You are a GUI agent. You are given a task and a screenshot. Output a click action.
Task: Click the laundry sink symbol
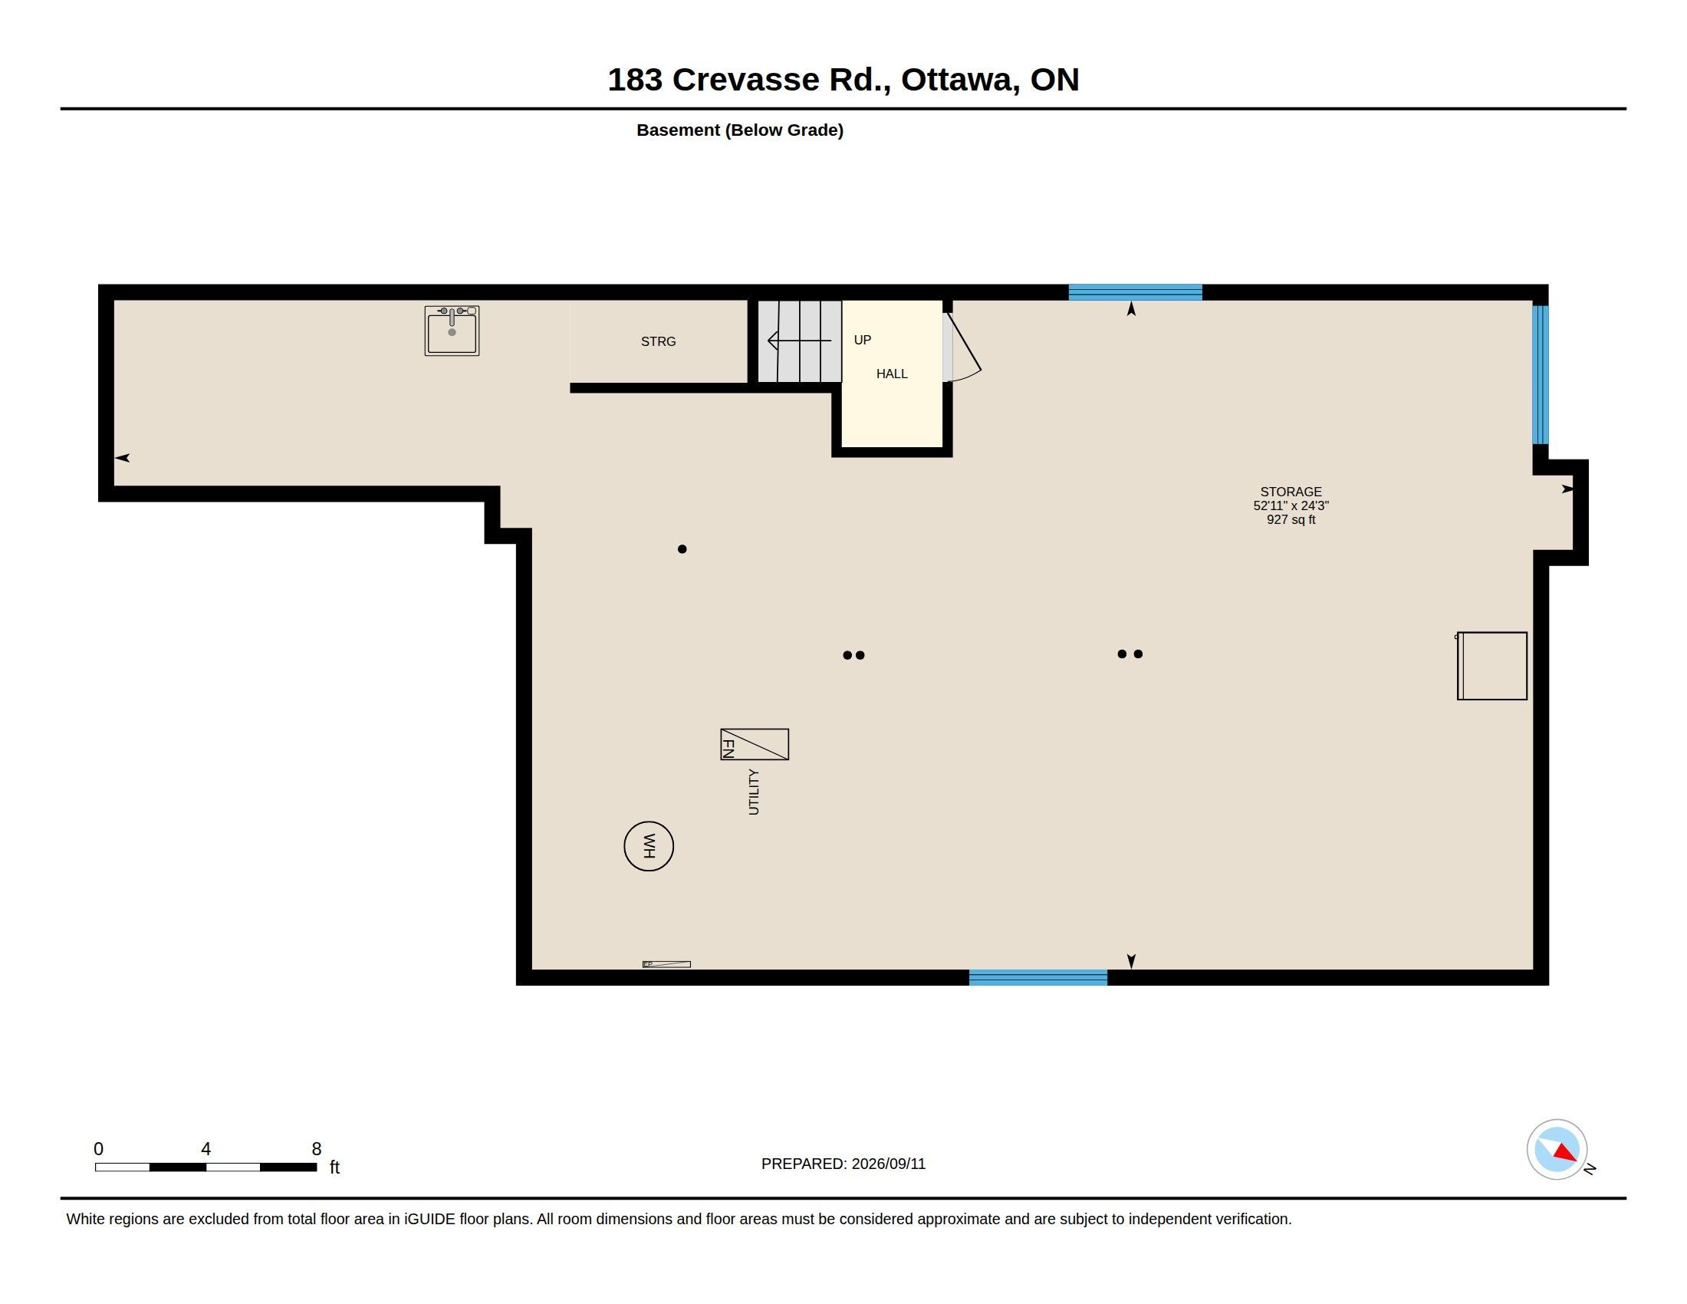(452, 331)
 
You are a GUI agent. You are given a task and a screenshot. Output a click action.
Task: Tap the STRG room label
(658, 341)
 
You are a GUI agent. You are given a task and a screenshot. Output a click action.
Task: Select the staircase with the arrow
(799, 341)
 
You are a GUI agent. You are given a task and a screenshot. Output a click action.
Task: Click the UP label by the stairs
(862, 340)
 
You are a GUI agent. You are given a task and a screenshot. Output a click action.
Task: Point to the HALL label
(891, 374)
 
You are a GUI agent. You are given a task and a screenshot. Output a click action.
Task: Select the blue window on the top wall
(1135, 292)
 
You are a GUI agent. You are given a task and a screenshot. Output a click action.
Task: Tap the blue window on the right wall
(1541, 374)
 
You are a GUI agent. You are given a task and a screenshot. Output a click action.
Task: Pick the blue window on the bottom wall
(1038, 977)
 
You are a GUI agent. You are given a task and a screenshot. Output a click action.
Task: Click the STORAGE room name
(1291, 492)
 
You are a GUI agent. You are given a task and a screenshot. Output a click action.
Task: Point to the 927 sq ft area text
(1291, 520)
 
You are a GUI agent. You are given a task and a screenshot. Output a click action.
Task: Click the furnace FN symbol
(755, 744)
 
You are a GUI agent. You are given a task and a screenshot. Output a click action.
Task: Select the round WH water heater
(649, 846)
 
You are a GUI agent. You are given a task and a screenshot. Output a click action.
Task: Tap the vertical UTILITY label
(754, 792)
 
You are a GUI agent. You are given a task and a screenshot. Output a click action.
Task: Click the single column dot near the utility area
(682, 549)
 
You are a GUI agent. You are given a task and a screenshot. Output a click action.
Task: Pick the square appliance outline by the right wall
(1491, 666)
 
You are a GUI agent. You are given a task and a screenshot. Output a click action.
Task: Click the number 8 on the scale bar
(317, 1149)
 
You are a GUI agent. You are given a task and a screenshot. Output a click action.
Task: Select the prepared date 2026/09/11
(888, 1164)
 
